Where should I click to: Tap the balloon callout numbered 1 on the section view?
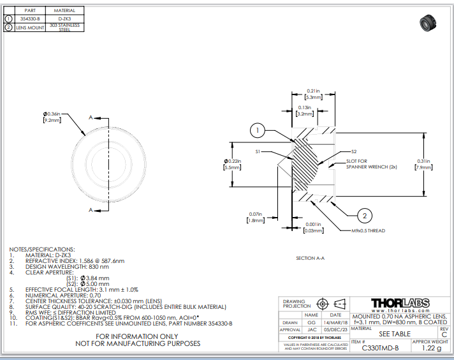click(x=257, y=131)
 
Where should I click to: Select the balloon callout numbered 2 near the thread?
click(x=365, y=214)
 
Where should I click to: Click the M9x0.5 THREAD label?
click(x=369, y=230)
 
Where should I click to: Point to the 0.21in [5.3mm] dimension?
click(x=313, y=94)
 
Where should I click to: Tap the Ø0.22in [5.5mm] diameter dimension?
click(x=233, y=163)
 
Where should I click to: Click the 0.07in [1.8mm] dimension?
click(x=255, y=217)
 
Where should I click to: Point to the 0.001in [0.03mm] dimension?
click(x=313, y=227)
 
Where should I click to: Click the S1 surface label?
click(x=259, y=152)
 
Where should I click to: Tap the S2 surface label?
click(x=355, y=151)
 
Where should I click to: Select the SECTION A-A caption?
click(x=311, y=258)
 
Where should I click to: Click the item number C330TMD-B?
click(x=380, y=348)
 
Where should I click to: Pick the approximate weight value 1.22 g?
click(x=431, y=348)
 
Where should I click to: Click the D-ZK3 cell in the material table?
click(x=64, y=19)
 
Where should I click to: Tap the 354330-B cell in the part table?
click(x=30, y=19)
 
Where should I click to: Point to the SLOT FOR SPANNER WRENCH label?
click(x=363, y=163)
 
